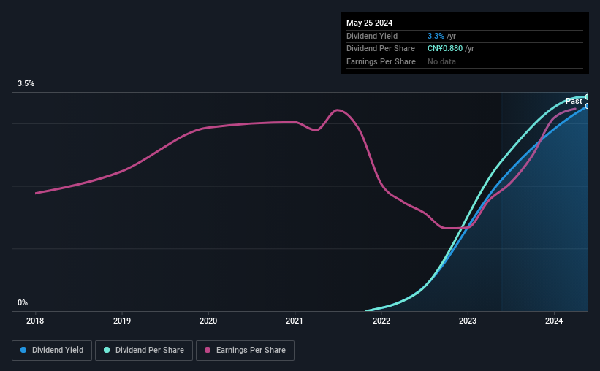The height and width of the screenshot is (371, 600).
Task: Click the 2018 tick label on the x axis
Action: [x=35, y=321]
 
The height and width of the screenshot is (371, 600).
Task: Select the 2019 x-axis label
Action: [x=122, y=321]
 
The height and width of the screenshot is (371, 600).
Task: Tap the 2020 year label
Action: [x=208, y=321]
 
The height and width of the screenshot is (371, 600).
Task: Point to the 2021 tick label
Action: [x=295, y=321]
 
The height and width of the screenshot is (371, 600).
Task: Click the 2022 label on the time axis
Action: [x=381, y=321]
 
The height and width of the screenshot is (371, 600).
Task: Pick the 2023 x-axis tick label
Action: [x=468, y=321]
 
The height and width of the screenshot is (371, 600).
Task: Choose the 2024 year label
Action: [x=554, y=321]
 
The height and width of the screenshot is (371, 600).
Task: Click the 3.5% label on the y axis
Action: [x=26, y=83]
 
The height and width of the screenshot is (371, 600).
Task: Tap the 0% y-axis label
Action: [x=23, y=302]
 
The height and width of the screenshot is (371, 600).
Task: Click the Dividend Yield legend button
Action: [x=52, y=351]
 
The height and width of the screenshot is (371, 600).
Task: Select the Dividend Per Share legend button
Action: [x=144, y=351]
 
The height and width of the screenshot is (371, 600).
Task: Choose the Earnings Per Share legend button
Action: [x=245, y=351]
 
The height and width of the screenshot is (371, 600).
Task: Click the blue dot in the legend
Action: [x=23, y=350]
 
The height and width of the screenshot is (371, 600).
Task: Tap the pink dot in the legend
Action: [x=208, y=350]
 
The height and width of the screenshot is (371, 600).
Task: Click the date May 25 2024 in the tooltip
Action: [x=369, y=23]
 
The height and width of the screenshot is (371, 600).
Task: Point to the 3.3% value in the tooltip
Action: [x=436, y=36]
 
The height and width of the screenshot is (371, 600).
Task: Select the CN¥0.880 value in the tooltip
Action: [x=445, y=49]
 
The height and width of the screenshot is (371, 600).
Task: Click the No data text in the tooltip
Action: [x=441, y=61]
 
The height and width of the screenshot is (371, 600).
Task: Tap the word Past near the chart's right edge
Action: [x=574, y=101]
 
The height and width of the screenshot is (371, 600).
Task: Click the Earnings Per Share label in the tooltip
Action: [x=381, y=61]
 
